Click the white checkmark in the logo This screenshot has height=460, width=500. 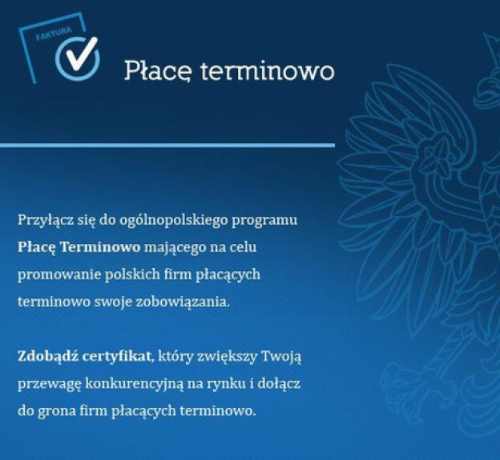(79, 54)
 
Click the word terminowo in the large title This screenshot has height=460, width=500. (268, 71)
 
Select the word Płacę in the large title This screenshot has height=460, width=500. (158, 71)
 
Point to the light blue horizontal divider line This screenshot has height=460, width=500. (167, 146)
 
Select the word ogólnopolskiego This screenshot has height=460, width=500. (172, 220)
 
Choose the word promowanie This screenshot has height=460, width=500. (59, 275)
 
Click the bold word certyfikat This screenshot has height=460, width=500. (117, 357)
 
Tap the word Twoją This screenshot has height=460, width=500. (281, 357)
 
